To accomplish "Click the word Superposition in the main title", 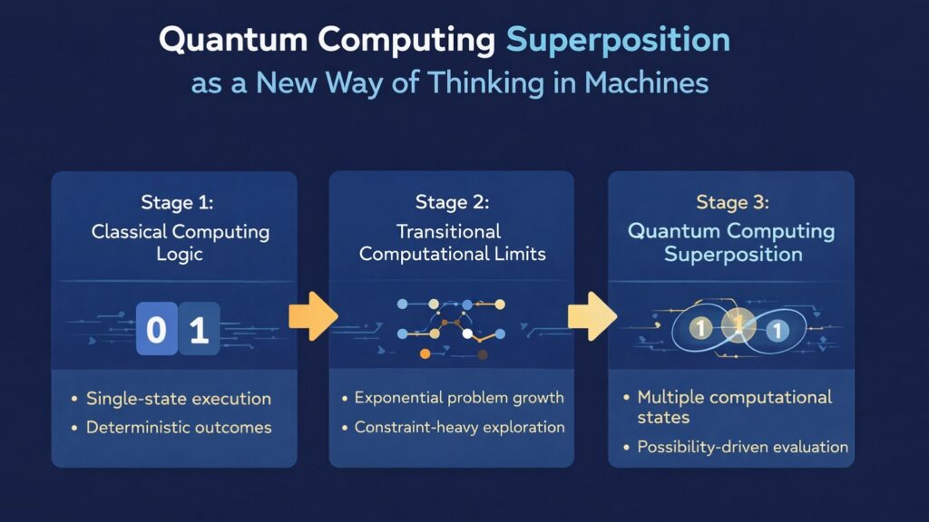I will click(x=618, y=41).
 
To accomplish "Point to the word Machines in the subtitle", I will click(x=646, y=83).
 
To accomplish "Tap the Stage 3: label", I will click(x=731, y=202).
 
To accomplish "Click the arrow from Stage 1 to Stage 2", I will click(x=312, y=317).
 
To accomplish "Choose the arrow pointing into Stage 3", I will click(x=592, y=317).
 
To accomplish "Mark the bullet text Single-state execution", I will click(x=179, y=399).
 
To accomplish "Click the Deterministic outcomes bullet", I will click(x=179, y=428).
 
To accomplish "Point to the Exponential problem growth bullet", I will click(x=459, y=398).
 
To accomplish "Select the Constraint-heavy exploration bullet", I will click(x=459, y=427).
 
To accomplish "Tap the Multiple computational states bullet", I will click(x=734, y=407).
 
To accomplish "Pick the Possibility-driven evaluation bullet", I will click(x=742, y=447).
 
